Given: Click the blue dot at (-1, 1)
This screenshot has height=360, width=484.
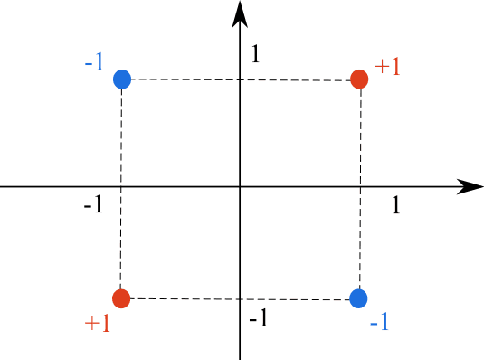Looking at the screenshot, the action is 122,79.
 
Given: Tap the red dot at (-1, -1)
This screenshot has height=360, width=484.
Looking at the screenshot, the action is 121,298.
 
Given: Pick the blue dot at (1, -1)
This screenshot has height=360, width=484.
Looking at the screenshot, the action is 359,297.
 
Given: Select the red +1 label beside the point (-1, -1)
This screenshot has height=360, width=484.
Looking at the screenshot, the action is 98,324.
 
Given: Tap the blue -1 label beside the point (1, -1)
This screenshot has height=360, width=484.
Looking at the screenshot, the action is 379,323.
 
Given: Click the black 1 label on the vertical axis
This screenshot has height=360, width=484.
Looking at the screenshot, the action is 255,54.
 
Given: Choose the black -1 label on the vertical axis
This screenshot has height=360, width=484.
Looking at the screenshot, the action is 258,318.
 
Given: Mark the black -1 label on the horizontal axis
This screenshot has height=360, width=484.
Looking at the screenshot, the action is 93,205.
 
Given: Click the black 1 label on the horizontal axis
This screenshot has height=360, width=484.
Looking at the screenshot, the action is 396,205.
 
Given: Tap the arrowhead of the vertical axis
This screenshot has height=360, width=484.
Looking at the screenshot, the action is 239,13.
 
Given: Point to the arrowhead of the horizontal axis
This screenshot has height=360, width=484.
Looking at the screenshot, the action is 464,186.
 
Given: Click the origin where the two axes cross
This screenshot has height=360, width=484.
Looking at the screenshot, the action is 240,186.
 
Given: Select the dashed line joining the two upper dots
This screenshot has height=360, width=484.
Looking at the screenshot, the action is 180,79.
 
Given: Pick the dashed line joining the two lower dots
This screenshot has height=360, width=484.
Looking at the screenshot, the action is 300,298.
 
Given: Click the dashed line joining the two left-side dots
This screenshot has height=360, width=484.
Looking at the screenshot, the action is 121,240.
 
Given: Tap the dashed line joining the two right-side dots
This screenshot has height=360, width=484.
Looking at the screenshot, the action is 360,240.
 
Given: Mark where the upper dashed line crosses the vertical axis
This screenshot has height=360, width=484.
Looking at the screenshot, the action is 240,79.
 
